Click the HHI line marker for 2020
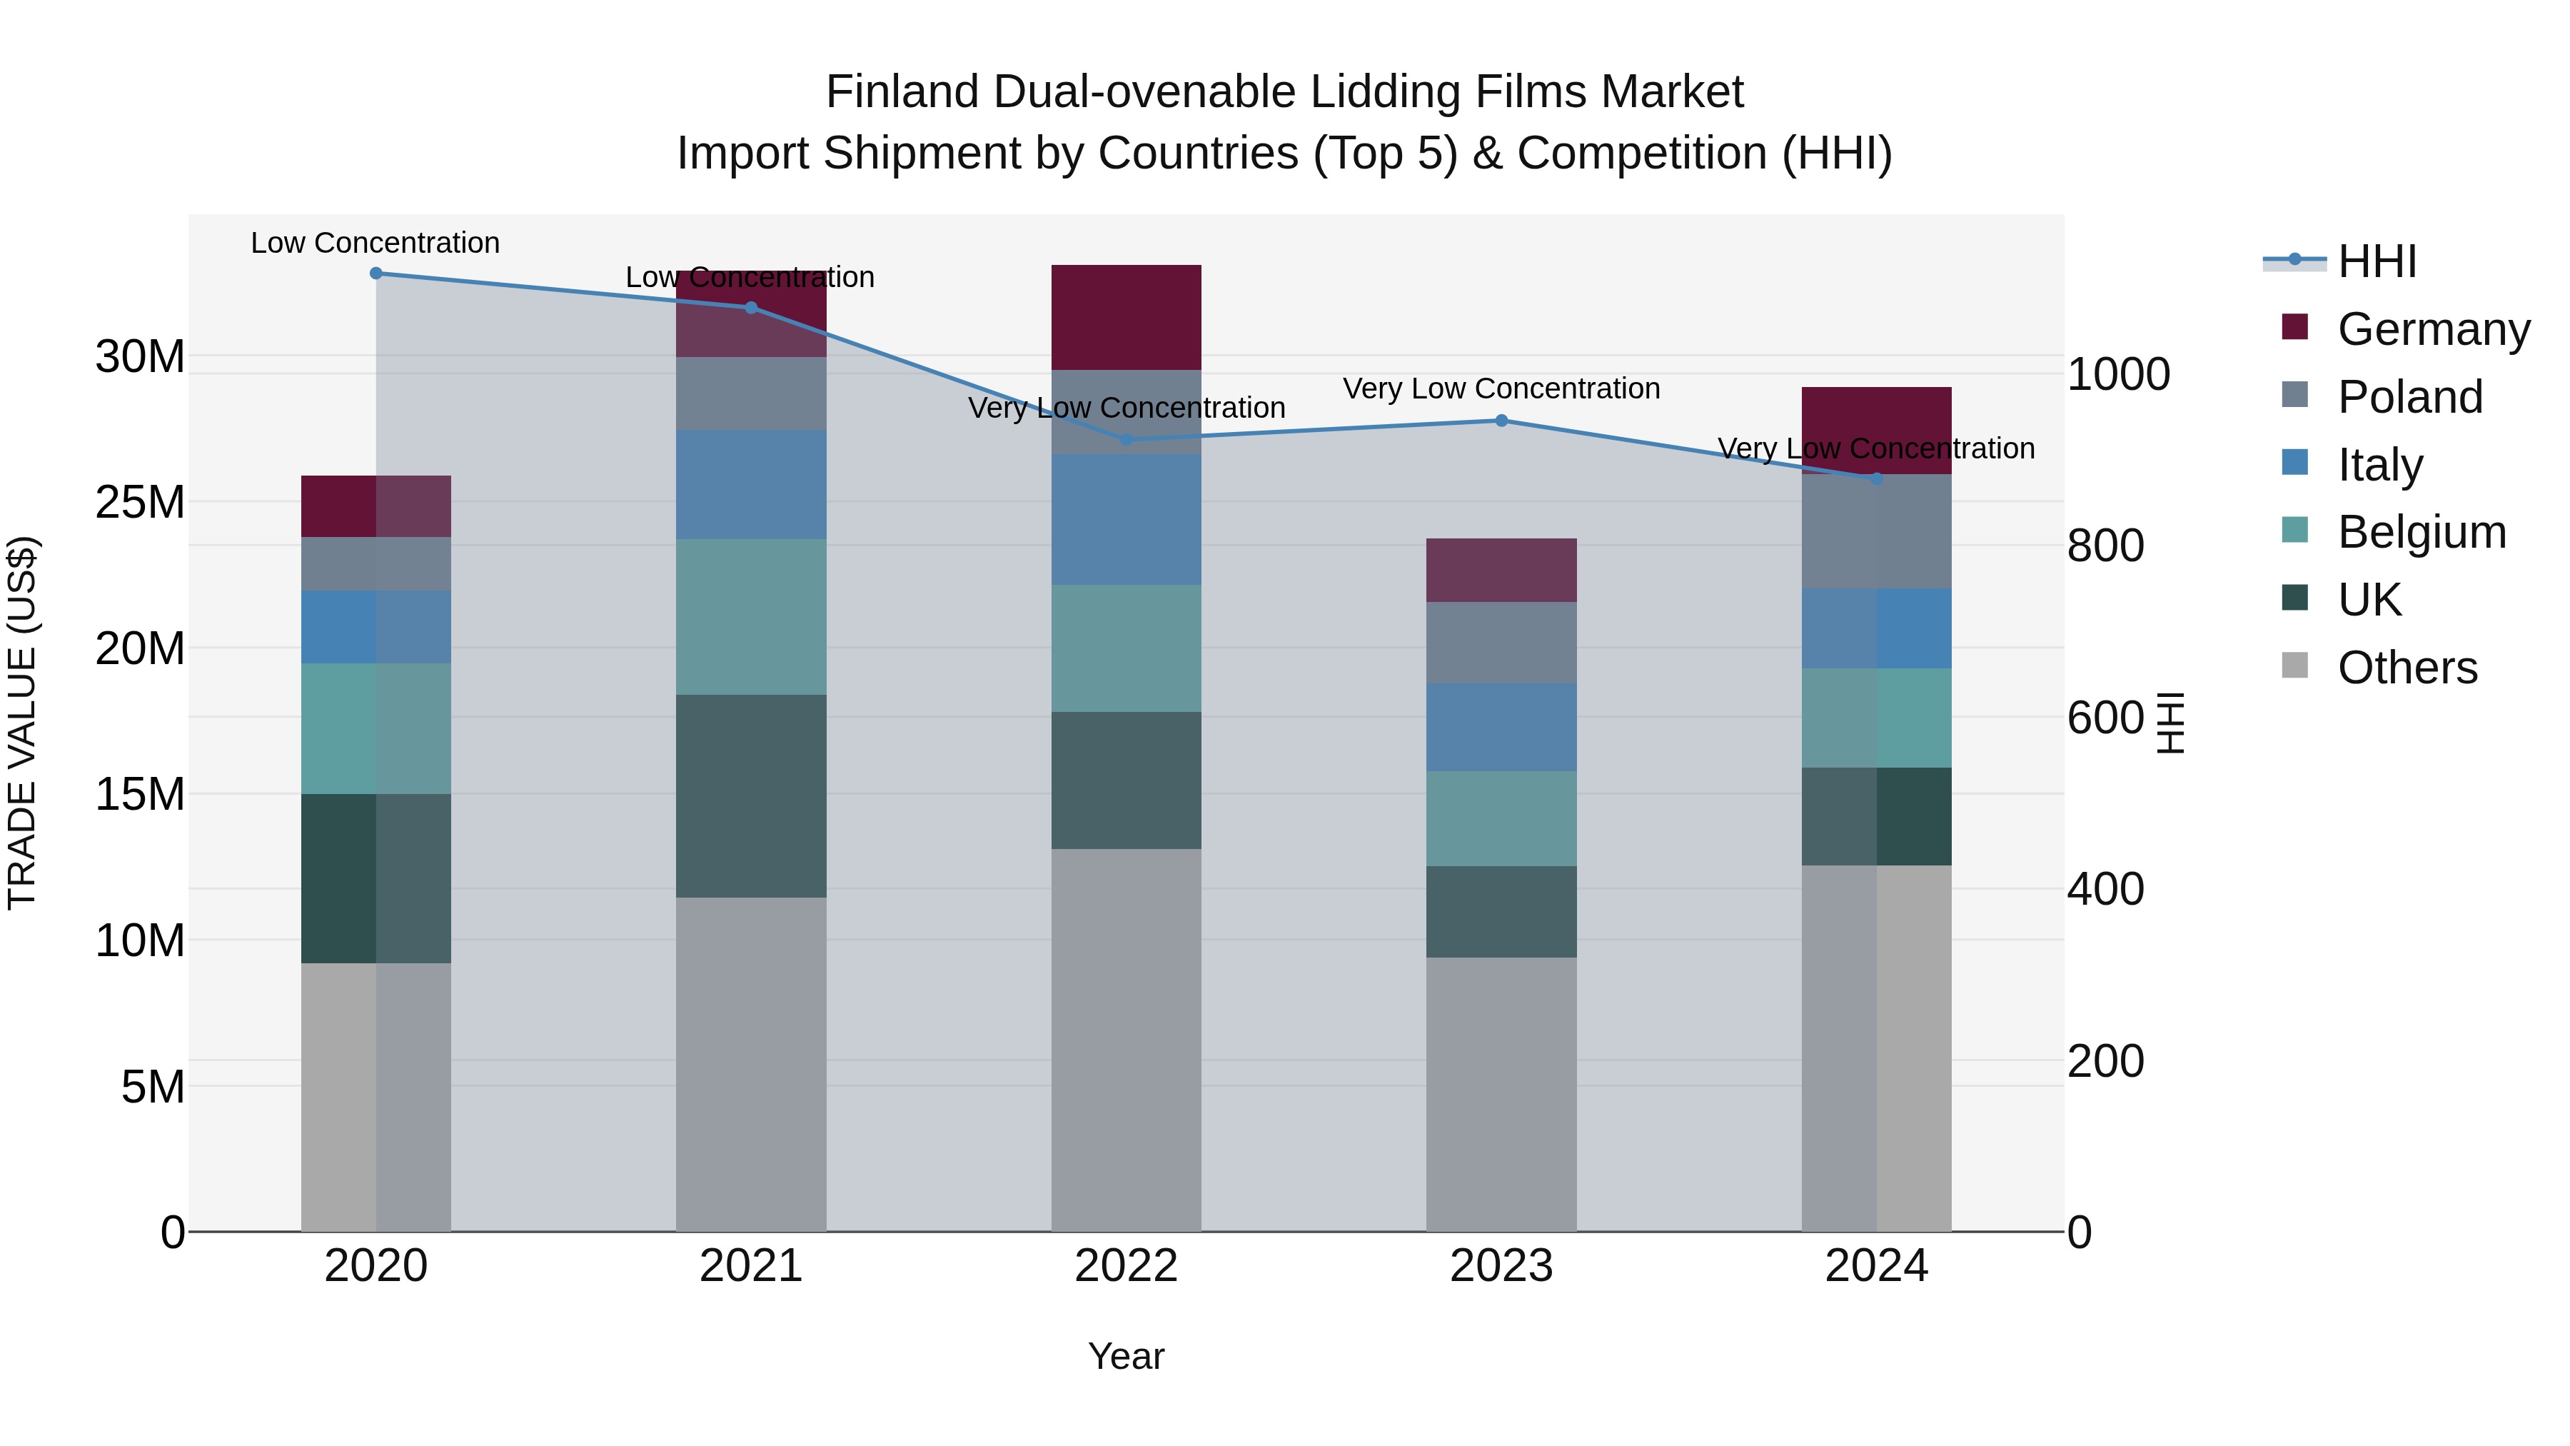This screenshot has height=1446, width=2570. point(376,273)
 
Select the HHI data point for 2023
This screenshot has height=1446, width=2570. point(1501,421)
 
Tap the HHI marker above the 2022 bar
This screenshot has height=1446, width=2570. point(1127,439)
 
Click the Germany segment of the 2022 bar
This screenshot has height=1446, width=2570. point(1127,317)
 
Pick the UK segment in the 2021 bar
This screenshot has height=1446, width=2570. point(751,795)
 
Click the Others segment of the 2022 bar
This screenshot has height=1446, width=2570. point(1127,1039)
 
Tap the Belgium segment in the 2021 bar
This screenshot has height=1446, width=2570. point(751,617)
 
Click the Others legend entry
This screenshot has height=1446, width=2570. point(2407,668)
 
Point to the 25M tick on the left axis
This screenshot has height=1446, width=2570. point(140,502)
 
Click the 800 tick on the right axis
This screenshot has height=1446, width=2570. point(2105,546)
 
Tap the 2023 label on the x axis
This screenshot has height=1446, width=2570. point(1501,1266)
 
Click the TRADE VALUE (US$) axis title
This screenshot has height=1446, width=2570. point(22,723)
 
